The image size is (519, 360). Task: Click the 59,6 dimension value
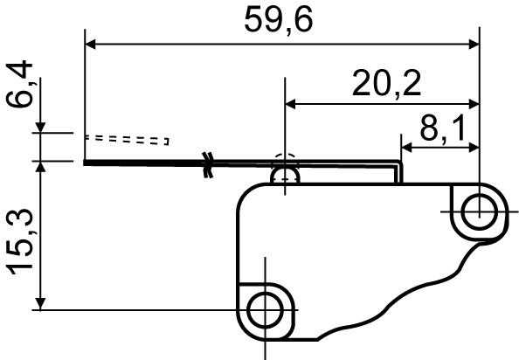pyautogui.click(x=279, y=20)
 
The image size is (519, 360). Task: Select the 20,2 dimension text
pyautogui.click(x=386, y=84)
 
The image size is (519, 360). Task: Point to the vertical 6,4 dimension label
pyautogui.click(x=19, y=84)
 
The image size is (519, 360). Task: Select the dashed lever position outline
pyautogui.click(x=127, y=139)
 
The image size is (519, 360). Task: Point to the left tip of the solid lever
pyautogui.click(x=86, y=162)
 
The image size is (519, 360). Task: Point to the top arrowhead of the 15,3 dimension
pyautogui.click(x=40, y=168)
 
